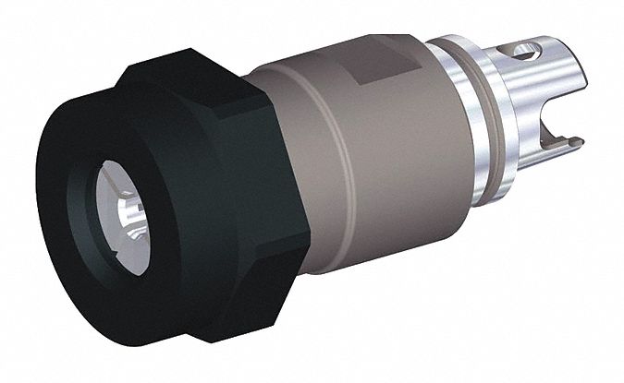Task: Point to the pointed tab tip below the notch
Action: coord(577,141)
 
